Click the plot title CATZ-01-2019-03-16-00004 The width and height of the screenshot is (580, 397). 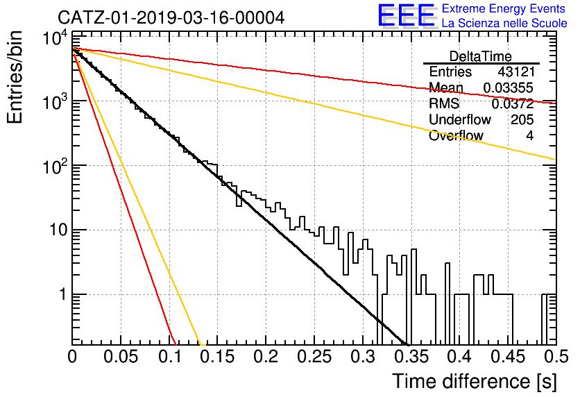coord(171,18)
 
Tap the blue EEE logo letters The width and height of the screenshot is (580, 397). coord(406,15)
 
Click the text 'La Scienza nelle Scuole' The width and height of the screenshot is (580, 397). coord(504,24)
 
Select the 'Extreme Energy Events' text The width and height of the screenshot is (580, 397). coord(504,8)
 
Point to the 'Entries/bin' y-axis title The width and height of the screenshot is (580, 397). coord(15,78)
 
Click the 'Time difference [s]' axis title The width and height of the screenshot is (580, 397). coord(475,381)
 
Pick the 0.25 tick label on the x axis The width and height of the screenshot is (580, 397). coord(314,357)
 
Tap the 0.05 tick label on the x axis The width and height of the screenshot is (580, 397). coord(121,357)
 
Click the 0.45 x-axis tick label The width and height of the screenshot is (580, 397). coord(509,357)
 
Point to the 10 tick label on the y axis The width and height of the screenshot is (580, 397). coord(58,230)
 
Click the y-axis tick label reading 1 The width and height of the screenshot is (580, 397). coord(62,295)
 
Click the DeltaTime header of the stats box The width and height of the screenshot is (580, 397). coord(481,57)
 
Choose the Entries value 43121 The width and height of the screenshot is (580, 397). coord(516,71)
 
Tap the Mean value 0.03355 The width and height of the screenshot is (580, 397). coord(509,88)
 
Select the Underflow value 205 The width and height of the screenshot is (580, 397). coord(522,119)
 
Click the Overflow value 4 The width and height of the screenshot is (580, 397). coord(530,136)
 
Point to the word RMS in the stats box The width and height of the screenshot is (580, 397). coord(444,103)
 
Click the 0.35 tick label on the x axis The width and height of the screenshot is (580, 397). coord(411,357)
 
